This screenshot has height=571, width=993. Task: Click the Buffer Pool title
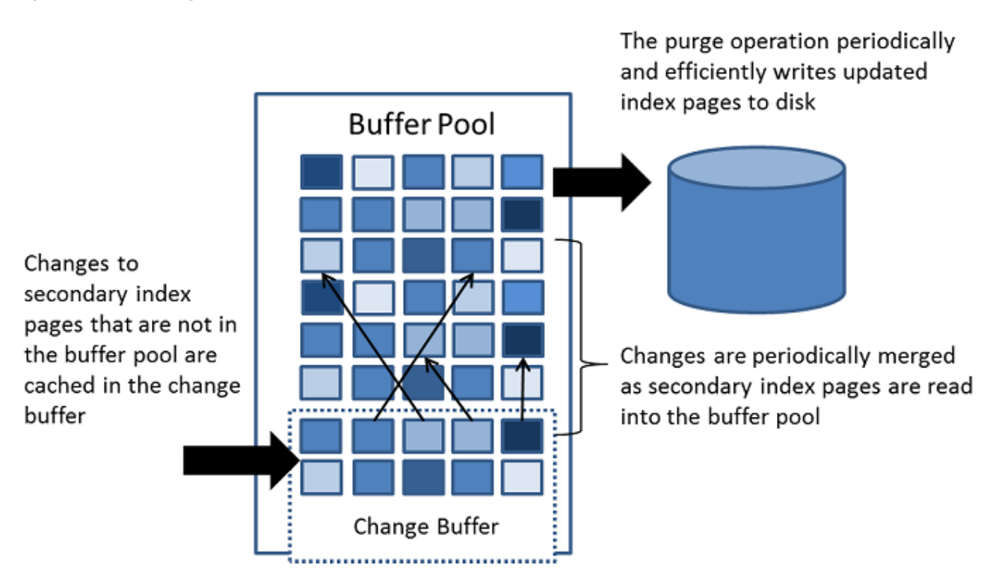coord(422,123)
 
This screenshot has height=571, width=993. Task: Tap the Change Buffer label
coord(426,527)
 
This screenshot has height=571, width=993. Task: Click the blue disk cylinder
coord(756,230)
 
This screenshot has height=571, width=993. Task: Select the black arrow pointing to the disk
coord(602,183)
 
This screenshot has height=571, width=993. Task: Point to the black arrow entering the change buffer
coord(242,461)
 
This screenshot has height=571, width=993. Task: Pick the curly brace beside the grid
coord(581,338)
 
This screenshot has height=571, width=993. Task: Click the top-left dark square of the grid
coord(322,171)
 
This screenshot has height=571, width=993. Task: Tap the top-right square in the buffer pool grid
coord(522,171)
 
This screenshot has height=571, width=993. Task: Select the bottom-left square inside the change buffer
coord(322,477)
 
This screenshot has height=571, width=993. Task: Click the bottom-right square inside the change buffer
coord(522,477)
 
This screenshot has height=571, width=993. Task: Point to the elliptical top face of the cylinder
coord(756,168)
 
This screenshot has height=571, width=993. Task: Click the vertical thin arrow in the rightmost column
coord(523,390)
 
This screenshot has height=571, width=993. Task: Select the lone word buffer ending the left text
coord(55,416)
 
